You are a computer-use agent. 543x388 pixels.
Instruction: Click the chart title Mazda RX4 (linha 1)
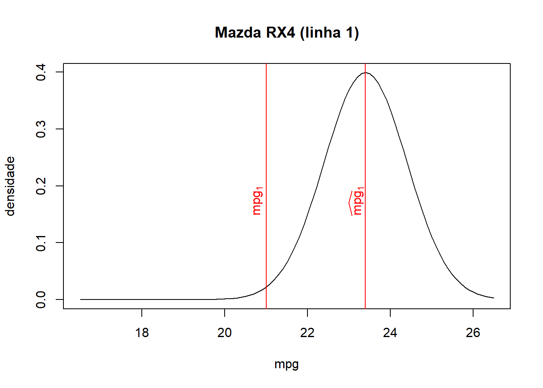[x=287, y=33]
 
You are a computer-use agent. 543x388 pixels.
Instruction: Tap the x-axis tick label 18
[x=142, y=333]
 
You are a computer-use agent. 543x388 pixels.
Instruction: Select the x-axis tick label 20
[x=225, y=333]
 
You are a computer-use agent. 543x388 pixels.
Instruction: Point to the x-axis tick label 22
[x=307, y=333]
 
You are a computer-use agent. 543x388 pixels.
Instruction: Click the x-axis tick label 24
[x=390, y=333]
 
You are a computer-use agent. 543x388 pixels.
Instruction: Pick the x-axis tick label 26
[x=473, y=333]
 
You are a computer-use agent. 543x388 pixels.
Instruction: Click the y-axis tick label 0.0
[x=41, y=299]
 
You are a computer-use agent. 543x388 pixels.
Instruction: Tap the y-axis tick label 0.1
[x=41, y=242]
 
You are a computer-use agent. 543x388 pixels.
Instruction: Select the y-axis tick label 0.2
[x=41, y=186]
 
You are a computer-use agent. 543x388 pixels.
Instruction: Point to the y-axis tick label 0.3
[x=41, y=129]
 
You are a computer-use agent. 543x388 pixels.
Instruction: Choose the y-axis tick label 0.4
[x=41, y=72]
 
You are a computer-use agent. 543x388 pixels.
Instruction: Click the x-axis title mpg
[x=286, y=365]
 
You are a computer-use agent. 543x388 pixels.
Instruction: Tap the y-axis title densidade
[x=11, y=186]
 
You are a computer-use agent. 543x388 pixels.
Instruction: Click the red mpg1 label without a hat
[x=257, y=201]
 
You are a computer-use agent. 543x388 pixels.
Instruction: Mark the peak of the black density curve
[x=365, y=73]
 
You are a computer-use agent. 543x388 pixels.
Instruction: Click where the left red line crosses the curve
[x=266, y=287]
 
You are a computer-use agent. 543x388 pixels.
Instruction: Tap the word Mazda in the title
[x=238, y=33]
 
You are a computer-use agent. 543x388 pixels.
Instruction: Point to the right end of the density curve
[x=494, y=298]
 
